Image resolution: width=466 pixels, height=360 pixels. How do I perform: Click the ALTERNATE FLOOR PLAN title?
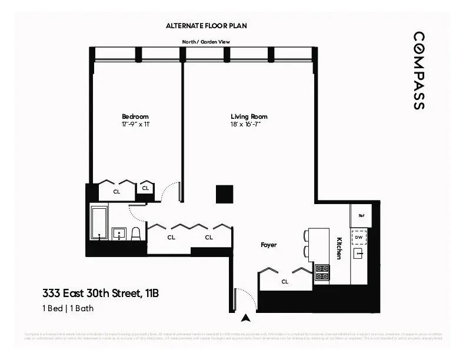(x=206, y=26)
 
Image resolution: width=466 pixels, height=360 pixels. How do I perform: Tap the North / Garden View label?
(x=206, y=42)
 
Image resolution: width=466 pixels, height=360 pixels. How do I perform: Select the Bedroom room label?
(x=135, y=116)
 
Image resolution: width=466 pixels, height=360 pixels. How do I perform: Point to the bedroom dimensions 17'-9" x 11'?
(x=135, y=124)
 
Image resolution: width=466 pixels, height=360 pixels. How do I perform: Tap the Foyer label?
(x=269, y=245)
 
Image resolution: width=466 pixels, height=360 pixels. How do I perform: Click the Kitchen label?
(x=339, y=248)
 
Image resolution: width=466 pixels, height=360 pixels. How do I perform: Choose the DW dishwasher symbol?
(x=359, y=237)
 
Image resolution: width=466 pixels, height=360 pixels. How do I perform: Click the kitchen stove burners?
(x=322, y=272)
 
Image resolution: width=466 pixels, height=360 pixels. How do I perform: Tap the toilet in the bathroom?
(x=136, y=234)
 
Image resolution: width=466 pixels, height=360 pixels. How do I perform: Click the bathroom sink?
(x=119, y=234)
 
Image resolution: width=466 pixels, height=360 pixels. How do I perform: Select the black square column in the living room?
(x=224, y=194)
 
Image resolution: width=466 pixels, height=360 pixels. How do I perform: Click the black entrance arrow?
(x=246, y=318)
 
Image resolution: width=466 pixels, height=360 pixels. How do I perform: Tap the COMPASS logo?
(x=418, y=71)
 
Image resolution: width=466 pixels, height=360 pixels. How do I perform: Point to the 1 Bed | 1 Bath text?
(x=68, y=308)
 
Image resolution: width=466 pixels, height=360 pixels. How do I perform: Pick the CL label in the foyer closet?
(x=285, y=282)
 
